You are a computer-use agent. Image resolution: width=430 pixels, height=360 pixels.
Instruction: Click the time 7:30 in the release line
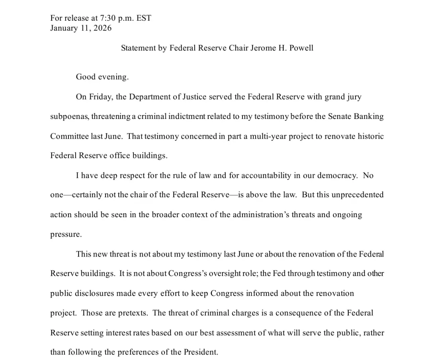click(x=105, y=18)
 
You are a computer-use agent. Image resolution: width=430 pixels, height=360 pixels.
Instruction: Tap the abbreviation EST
click(x=143, y=18)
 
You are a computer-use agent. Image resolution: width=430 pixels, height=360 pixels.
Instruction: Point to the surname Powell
click(x=300, y=48)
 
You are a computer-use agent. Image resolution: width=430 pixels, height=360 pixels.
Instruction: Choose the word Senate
click(x=340, y=117)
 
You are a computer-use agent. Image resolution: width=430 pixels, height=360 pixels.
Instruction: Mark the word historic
click(x=370, y=136)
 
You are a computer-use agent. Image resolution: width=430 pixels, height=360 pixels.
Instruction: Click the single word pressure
click(x=66, y=234)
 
